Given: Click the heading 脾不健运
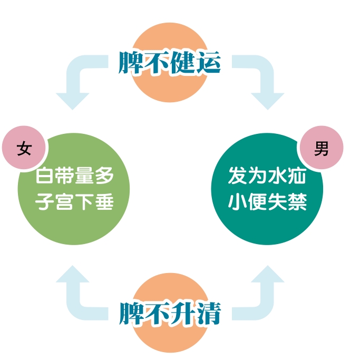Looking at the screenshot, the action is point(170,62).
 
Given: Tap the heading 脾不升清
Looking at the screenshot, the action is point(170,313).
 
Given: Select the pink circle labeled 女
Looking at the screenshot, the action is point(24,148).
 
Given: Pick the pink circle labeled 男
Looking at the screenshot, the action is point(322,148).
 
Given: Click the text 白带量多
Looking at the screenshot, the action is point(75,176).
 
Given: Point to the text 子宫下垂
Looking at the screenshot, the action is point(75,201).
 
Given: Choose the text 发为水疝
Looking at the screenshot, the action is point(267,176).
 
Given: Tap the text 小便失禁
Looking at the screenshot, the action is point(267,201).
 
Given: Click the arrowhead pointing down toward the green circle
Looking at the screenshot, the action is point(73,101).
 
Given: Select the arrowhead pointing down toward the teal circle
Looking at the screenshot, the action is point(268,101).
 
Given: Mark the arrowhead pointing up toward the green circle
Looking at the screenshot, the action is point(73,274).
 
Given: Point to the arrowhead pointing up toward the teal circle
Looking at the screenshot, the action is point(268,274).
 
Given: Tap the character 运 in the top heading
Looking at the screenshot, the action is point(208,62).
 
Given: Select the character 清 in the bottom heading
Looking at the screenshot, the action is point(208,313).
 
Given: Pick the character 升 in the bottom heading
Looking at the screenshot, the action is point(183,313).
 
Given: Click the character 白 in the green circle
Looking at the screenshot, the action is point(45,176).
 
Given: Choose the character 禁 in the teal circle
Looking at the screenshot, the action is point(298,201).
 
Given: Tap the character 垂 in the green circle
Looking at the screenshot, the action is point(104,201).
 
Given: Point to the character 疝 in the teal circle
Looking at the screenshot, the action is point(298,176).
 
